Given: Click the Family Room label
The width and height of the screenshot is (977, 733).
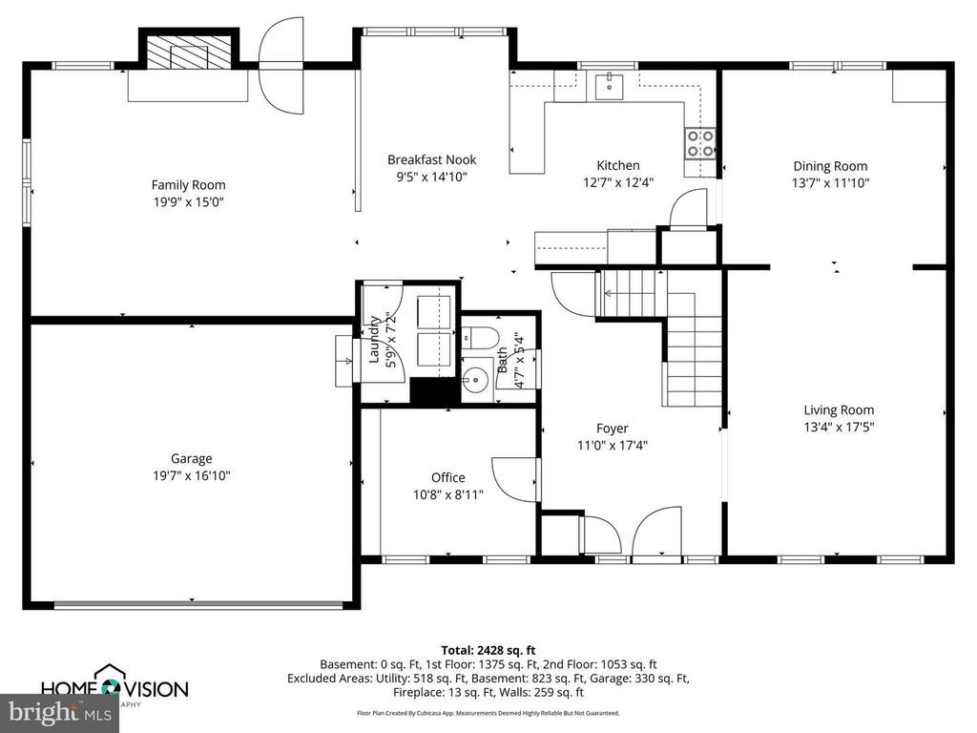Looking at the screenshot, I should (x=188, y=184).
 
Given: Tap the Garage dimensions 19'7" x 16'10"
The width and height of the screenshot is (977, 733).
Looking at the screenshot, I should (x=191, y=474).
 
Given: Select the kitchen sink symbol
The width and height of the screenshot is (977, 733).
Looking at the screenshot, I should (x=608, y=86).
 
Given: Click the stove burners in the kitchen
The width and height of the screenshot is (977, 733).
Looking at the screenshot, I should (x=699, y=143).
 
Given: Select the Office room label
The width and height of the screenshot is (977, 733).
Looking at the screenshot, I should (x=447, y=477).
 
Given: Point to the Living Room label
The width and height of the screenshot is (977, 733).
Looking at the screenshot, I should (x=838, y=410).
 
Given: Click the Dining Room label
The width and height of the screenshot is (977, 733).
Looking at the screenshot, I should (x=830, y=166).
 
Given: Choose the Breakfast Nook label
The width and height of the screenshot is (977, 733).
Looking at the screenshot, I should (x=431, y=159).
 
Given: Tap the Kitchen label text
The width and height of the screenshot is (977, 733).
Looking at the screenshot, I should (x=618, y=165).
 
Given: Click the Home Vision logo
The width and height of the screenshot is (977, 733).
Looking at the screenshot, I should (x=114, y=687).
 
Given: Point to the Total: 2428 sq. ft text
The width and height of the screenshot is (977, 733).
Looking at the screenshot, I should (x=488, y=649).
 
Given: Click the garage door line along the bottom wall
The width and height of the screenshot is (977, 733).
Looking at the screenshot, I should (x=198, y=603).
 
